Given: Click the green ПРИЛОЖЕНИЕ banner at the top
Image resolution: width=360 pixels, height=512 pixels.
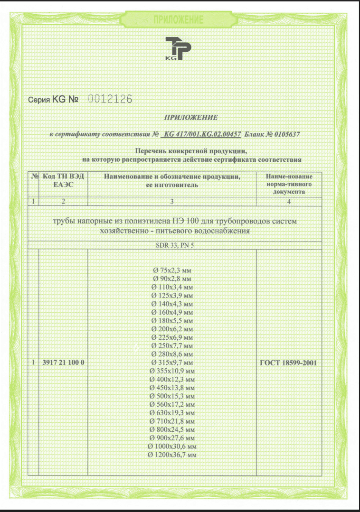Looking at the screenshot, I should [178, 20].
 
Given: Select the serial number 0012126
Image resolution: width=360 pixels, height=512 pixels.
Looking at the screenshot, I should [109, 99].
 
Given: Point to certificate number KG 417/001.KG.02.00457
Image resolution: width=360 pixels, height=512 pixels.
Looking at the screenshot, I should [202, 134].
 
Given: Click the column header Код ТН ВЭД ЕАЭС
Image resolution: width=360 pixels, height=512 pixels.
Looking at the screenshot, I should [63, 180].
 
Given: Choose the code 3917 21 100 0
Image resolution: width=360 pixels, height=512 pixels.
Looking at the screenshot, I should [63, 363].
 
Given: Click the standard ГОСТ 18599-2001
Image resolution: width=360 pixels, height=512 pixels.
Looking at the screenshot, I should [289, 363].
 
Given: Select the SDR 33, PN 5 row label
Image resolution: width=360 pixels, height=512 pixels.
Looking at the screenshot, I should [172, 245].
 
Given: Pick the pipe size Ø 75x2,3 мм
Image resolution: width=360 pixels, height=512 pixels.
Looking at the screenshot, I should [172, 270].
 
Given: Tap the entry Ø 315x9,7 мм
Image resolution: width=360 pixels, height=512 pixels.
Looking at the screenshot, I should [172, 363].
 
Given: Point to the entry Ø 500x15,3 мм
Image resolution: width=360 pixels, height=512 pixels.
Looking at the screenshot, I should [172, 396].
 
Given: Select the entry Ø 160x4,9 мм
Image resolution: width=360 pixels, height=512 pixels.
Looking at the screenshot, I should [172, 312].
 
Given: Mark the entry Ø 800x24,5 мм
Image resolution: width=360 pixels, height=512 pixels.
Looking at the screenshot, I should [172, 429].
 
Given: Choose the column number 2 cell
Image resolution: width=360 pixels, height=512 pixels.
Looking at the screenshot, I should [63, 202].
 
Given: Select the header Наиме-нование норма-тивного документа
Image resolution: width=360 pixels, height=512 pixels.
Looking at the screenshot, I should [289, 184].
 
